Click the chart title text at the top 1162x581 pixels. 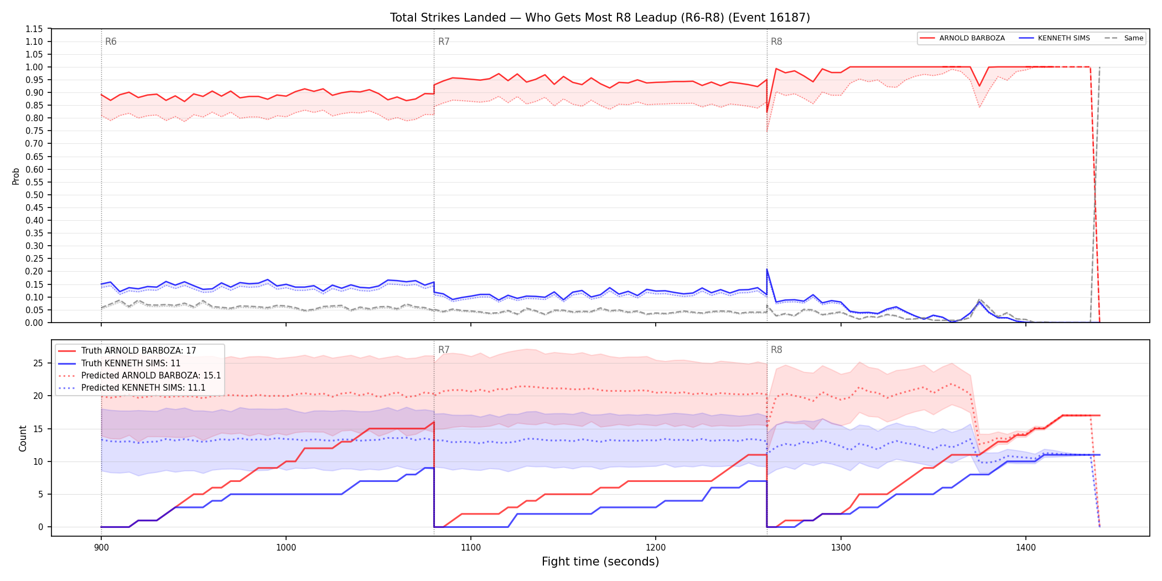pos(600,18)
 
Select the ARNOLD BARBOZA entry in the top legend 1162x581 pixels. pos(962,38)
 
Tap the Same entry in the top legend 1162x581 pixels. pos(1124,38)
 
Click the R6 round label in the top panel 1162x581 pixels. pos(111,42)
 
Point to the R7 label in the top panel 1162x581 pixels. pos(444,42)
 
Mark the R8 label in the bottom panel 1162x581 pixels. pos(776,350)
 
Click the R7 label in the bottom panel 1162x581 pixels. pos(444,350)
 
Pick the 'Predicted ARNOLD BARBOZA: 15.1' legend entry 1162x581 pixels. pos(139,376)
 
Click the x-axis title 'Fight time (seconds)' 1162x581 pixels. pos(600,562)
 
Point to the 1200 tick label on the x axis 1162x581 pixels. pos(656,547)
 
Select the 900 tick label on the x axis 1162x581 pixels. pos(101,547)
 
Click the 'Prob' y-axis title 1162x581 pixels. pos(16,176)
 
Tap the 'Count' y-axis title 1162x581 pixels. pos(23,438)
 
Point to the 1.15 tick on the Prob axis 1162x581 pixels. pos(35,29)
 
